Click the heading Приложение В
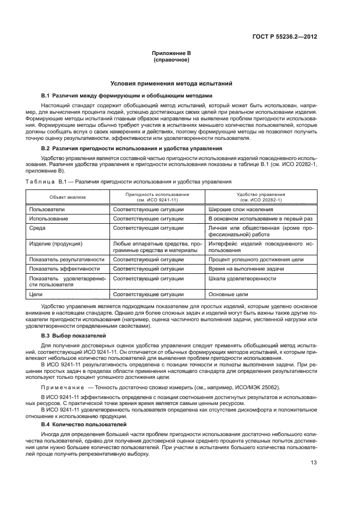172,54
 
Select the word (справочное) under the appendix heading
172,60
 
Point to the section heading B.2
117,148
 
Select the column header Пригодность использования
157,197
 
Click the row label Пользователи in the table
47,208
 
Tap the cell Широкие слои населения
235,208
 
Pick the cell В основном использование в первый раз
253,218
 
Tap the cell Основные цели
224,295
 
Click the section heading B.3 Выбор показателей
74,336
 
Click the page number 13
314,463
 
